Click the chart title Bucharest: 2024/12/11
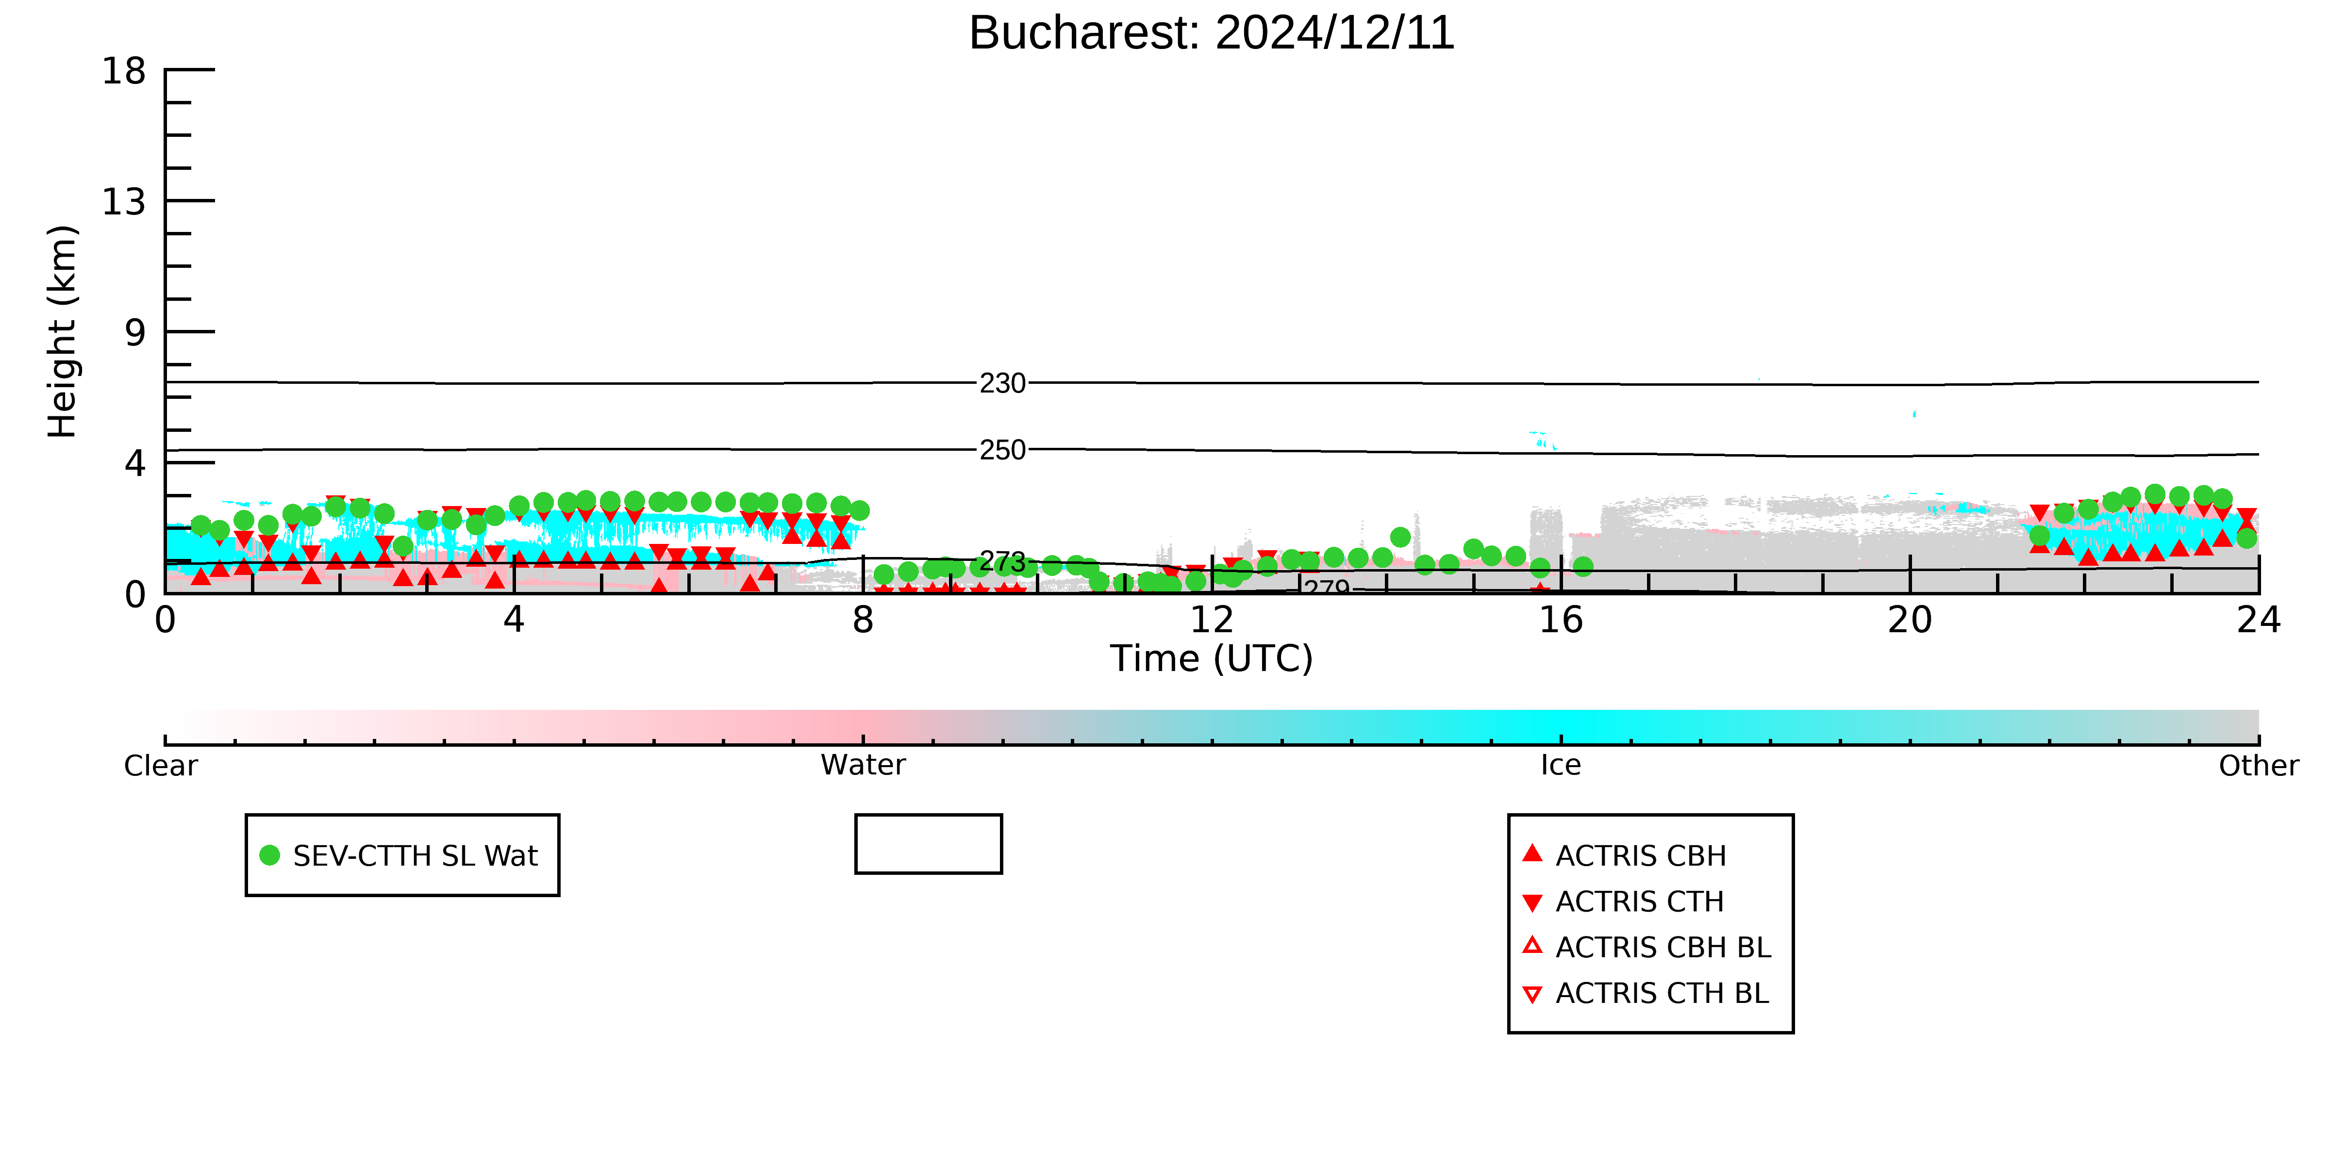[1212, 33]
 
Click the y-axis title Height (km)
[63, 332]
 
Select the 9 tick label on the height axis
[135, 332]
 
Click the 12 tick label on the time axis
[1212, 620]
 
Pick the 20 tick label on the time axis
[1910, 620]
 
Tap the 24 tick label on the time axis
[2259, 620]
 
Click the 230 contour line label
[1003, 383]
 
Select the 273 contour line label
[1003, 562]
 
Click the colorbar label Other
[2259, 766]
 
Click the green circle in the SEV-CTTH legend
[269, 855]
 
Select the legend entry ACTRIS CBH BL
[1647, 947]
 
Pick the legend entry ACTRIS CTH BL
[1647, 993]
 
